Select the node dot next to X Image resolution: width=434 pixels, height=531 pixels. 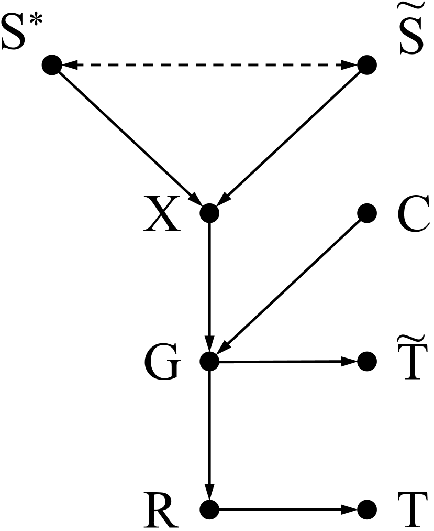coord(209,213)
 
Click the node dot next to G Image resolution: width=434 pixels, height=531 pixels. coord(209,361)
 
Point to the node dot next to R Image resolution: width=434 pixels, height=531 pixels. coord(209,508)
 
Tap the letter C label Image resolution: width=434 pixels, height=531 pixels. coord(413,215)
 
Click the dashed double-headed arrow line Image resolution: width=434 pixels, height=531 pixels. coord(209,66)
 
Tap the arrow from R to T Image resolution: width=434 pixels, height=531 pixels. coord(288,508)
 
